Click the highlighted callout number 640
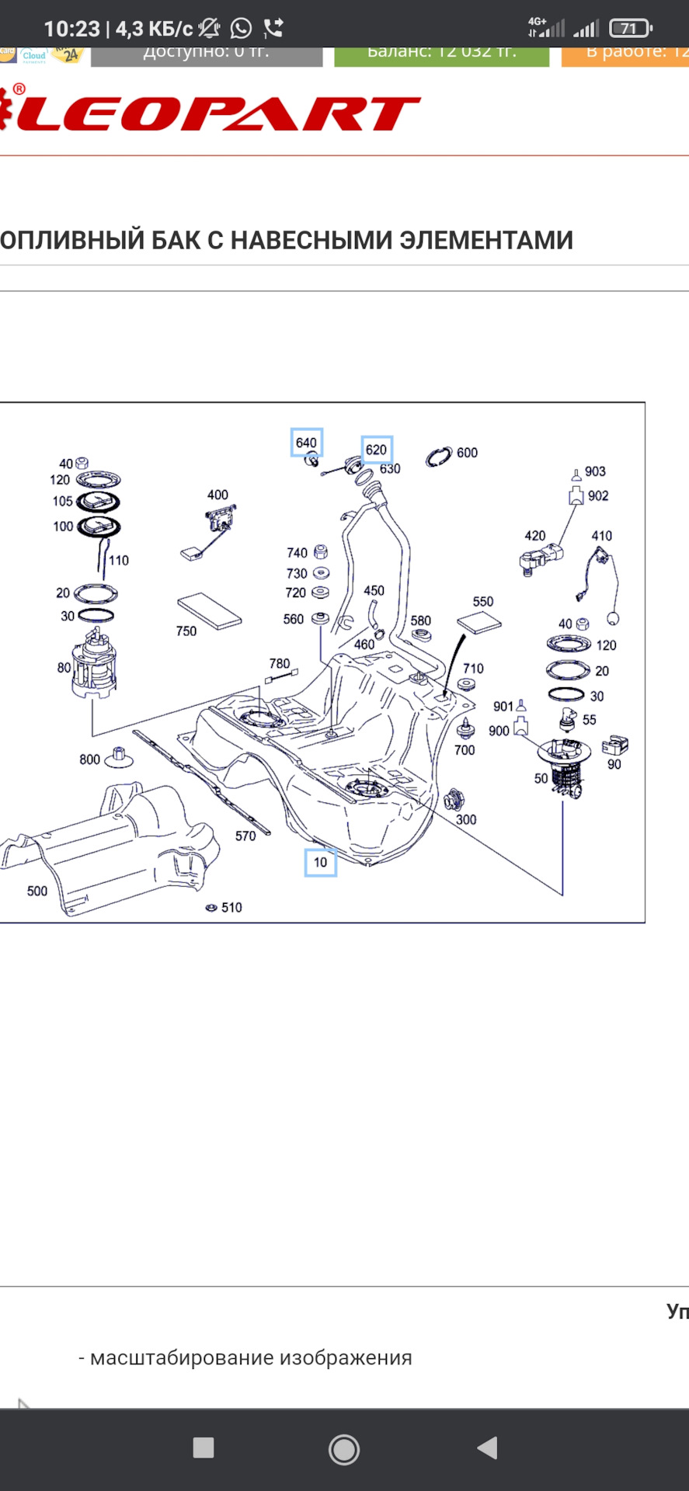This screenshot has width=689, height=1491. coord(306,443)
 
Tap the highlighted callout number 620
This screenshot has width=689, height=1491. coord(377,450)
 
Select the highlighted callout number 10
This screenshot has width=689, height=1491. coord(320,862)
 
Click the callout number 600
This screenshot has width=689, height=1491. coord(467,453)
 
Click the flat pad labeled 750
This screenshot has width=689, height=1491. coord(210,610)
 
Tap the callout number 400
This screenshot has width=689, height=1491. coord(217,495)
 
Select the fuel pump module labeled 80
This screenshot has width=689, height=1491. coord(94,664)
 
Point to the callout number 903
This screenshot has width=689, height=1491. coord(595,471)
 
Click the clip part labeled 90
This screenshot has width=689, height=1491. coord(614,745)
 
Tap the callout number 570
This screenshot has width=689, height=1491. coord(245,836)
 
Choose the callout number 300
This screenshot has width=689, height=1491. coord(466,819)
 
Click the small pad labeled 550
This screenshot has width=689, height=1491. coord(479,623)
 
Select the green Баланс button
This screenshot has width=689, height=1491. coord(441,54)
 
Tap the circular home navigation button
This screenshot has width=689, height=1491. coord(344,1448)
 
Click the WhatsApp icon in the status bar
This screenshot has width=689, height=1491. coord(242,29)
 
